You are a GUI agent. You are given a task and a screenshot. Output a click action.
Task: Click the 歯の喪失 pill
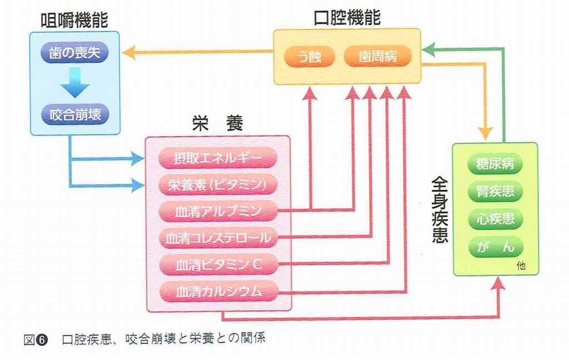point(74,53)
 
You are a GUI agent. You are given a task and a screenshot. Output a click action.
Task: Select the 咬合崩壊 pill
point(75,115)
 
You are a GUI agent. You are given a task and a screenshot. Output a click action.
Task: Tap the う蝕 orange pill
point(309,57)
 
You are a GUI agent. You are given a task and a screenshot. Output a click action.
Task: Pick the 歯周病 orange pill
point(378,56)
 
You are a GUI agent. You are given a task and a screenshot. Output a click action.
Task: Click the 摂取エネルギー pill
point(218,158)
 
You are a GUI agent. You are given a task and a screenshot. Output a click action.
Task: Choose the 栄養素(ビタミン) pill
point(218,184)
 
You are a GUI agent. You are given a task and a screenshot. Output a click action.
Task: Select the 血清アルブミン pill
point(218,211)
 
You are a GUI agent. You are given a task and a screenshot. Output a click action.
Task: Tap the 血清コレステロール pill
point(218,238)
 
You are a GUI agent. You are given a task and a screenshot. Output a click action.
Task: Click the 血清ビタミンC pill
point(218,264)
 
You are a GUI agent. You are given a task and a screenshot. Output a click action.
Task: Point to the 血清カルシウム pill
point(218,291)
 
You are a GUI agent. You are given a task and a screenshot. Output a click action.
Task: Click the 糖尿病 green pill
point(495,164)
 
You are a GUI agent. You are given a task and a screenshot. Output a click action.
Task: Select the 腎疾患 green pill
point(495,191)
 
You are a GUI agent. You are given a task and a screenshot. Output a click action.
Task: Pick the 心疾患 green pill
point(495,219)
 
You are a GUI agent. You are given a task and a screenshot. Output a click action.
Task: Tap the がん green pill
point(495,247)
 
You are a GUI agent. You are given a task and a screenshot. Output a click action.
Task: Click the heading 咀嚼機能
point(74,21)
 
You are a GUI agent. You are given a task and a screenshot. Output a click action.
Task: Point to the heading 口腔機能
point(347,17)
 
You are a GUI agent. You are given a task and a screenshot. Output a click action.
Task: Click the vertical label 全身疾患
point(440,210)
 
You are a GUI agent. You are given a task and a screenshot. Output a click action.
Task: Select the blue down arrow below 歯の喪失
point(75,83)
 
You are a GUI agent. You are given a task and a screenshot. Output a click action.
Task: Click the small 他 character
point(521,266)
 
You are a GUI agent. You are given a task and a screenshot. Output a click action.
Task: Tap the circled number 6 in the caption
point(42,340)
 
